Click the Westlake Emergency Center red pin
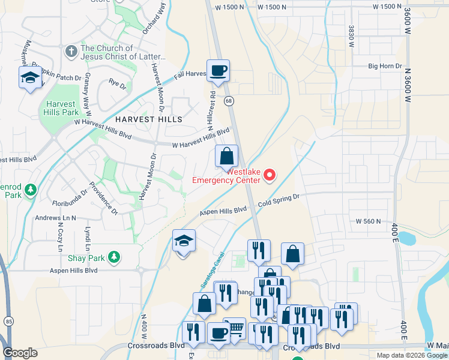[270, 175]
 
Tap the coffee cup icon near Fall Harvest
[218, 71]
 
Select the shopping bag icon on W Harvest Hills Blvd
[227, 157]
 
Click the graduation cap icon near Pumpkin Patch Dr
[30, 78]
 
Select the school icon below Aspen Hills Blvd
[184, 241]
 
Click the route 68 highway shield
[229, 101]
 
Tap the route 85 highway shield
[8, 321]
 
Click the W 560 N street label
[368, 221]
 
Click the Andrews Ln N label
[55, 218]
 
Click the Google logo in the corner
[20, 353]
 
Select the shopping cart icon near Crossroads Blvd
[235, 328]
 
